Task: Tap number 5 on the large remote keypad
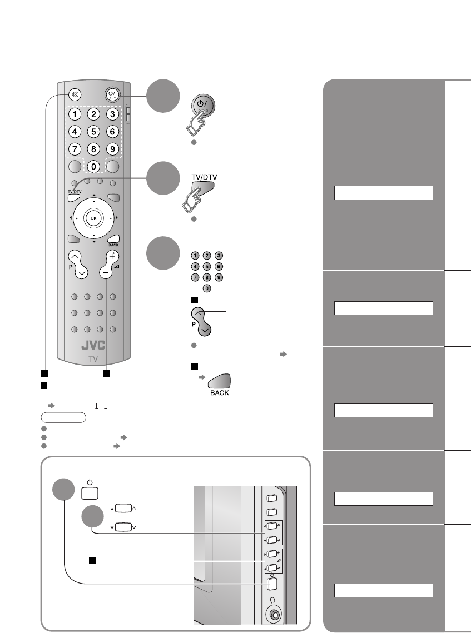pyautogui.click(x=93, y=132)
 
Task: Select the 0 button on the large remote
pyautogui.click(x=93, y=166)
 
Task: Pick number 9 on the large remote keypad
pyautogui.click(x=112, y=149)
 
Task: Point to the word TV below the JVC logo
pyautogui.click(x=93, y=360)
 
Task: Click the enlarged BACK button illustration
pyautogui.click(x=220, y=383)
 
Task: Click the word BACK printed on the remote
pyautogui.click(x=113, y=245)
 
